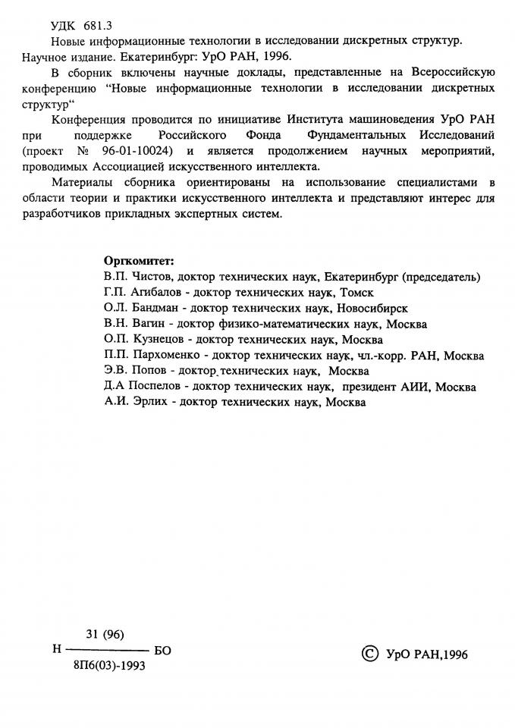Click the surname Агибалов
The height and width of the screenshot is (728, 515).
click(x=159, y=293)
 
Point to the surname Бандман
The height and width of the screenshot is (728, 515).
click(x=157, y=309)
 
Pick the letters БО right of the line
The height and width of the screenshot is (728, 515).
click(x=163, y=651)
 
